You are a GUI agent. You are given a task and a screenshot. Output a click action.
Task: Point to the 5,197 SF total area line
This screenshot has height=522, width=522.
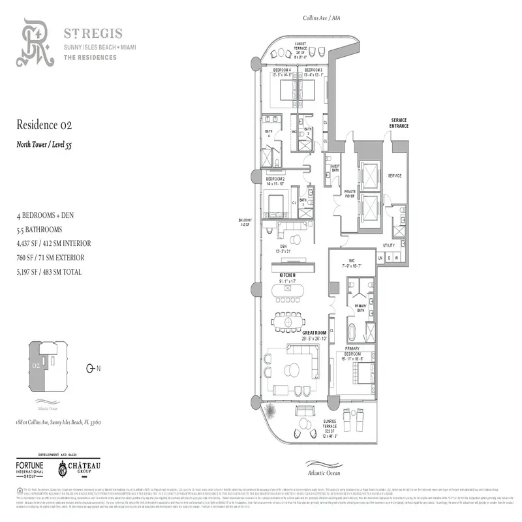pyautogui.click(x=49, y=272)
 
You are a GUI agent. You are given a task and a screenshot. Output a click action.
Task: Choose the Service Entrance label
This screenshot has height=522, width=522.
pyautogui.click(x=399, y=123)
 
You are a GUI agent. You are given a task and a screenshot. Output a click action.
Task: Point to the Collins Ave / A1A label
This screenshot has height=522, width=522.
pyautogui.click(x=320, y=18)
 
